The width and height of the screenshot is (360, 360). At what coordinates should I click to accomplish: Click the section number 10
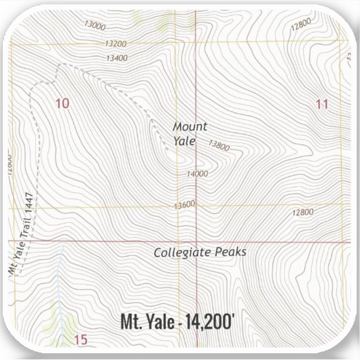click(x=62, y=103)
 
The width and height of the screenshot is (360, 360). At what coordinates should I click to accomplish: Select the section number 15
click(x=81, y=340)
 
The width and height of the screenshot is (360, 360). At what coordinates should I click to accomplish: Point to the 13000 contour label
click(x=95, y=26)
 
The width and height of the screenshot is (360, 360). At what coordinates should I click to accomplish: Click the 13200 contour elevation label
click(x=115, y=43)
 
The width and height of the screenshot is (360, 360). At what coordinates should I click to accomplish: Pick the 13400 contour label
click(x=117, y=58)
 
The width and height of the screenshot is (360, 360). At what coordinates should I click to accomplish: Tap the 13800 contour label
click(x=219, y=145)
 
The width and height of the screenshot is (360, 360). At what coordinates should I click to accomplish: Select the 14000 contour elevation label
click(x=197, y=174)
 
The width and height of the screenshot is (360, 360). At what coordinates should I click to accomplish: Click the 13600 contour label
click(x=184, y=204)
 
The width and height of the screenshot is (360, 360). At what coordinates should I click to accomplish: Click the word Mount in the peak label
click(x=190, y=126)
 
